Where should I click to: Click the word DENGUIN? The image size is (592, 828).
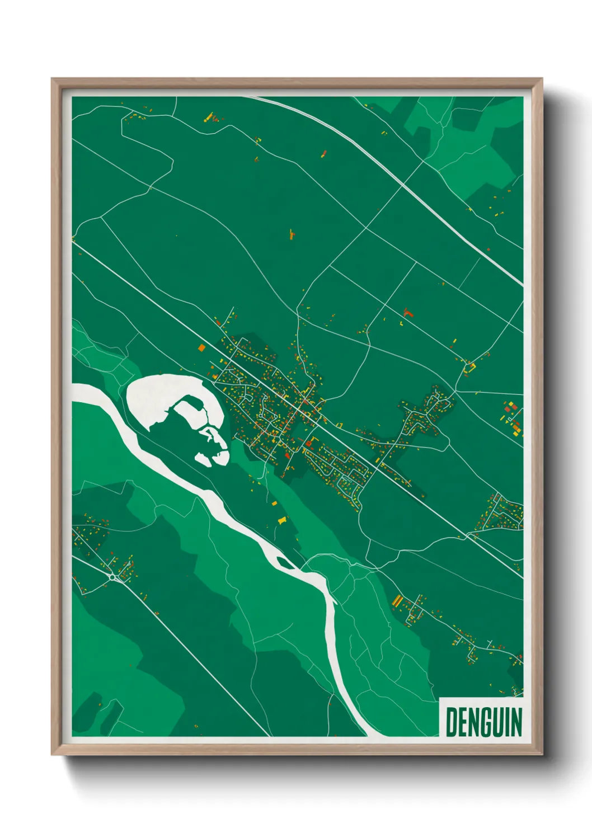coord(483,722)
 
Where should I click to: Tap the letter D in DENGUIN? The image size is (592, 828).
coord(451,722)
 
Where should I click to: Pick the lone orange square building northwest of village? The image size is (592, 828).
coord(201,348)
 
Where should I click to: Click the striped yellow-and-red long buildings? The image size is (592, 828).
coord(398,601)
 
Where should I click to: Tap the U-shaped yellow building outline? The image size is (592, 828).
coord(469,368)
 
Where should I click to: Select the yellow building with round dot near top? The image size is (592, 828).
coord(210,117)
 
